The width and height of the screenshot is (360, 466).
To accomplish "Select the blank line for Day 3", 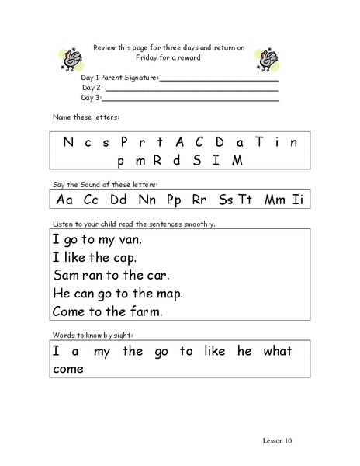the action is (x=190, y=99).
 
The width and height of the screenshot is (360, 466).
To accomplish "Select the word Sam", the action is (x=65, y=275).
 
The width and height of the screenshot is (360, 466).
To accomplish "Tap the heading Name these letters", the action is (x=85, y=116).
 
